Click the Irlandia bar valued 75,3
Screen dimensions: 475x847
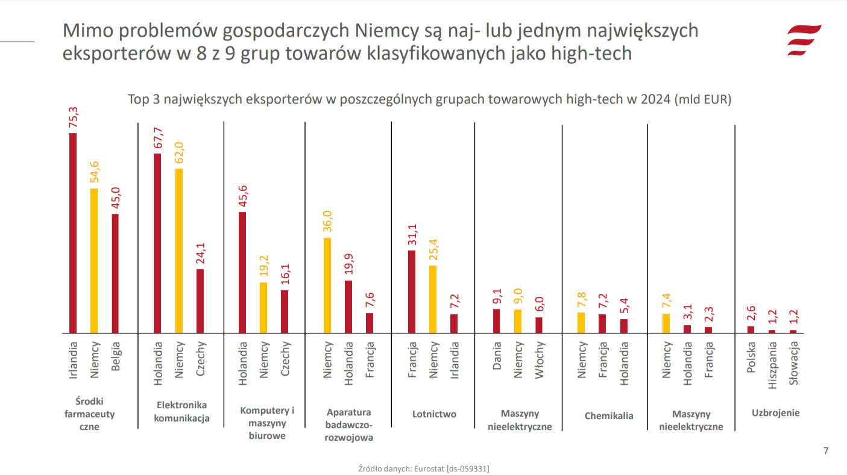(x=73, y=233)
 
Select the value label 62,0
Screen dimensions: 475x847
(x=178, y=153)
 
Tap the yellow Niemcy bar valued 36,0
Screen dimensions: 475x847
(x=327, y=285)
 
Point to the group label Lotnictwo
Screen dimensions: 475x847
(x=434, y=414)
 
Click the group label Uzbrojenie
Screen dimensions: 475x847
(x=775, y=413)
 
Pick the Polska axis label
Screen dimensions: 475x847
(x=751, y=358)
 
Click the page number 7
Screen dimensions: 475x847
(x=826, y=451)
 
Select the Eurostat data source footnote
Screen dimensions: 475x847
(x=423, y=468)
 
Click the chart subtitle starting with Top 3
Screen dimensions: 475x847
(x=429, y=99)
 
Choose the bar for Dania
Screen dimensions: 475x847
(x=497, y=321)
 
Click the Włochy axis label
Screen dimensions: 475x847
(x=540, y=360)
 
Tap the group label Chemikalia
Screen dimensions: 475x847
(x=609, y=416)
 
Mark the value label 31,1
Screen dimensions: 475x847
(x=412, y=235)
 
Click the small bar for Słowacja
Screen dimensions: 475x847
(x=793, y=331)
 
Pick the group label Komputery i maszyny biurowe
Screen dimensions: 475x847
(x=267, y=423)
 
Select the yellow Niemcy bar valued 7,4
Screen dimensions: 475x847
(x=666, y=323)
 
